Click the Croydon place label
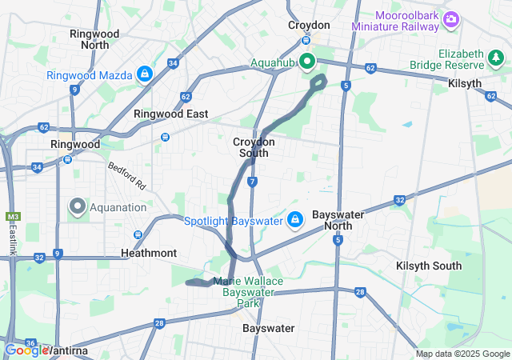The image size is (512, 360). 309,26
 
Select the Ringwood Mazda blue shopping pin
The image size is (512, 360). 145,74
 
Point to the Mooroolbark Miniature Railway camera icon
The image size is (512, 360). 451,18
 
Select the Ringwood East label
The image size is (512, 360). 170,114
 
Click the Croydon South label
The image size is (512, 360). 254,147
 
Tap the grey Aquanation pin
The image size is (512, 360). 78,206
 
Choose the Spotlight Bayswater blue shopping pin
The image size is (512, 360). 295,218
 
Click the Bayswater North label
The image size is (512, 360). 338,221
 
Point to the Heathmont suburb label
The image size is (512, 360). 148,253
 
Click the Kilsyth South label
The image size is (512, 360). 429,266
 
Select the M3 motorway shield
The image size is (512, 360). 13,217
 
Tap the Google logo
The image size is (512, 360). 26,350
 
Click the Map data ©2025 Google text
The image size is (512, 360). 462,354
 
